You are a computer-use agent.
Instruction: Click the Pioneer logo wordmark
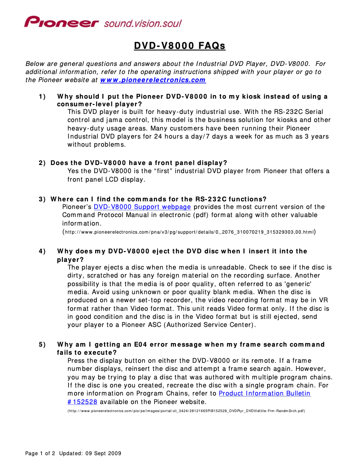pyautogui.click(x=61, y=22)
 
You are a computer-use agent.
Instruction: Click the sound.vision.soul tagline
pyautogui.click(x=143, y=23)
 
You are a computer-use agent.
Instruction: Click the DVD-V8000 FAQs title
pyautogui.click(x=180, y=46)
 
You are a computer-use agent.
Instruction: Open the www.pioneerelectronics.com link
pyautogui.click(x=153, y=80)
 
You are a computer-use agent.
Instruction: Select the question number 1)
pyautogui.click(x=42, y=96)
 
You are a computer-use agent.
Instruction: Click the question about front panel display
pyautogui.click(x=139, y=162)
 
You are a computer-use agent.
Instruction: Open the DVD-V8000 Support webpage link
pyautogui.click(x=142, y=207)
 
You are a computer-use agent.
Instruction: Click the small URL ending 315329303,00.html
pyautogui.click(x=189, y=232)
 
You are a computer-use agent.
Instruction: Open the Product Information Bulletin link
pyautogui.click(x=264, y=393)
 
